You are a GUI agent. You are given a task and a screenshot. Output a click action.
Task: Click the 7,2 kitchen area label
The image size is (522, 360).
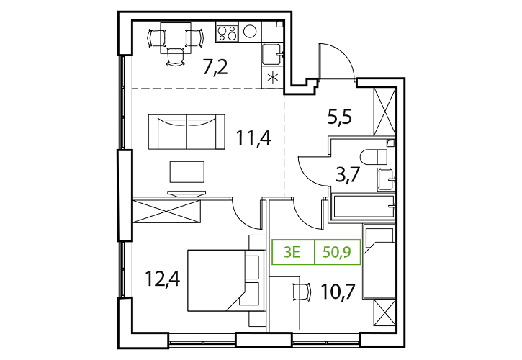point(215,67)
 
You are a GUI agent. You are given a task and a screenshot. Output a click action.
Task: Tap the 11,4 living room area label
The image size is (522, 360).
point(253,138)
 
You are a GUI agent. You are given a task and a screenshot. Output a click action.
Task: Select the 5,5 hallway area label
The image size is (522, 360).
point(340,117)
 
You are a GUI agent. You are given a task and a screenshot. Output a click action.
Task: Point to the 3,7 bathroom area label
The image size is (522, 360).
point(348,174)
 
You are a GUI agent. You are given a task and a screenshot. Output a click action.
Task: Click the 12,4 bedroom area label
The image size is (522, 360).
point(163,279)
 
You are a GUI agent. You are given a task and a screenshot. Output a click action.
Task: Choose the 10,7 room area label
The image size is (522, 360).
point(338,291)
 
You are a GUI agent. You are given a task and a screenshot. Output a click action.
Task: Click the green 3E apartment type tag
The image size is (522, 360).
point(292,252)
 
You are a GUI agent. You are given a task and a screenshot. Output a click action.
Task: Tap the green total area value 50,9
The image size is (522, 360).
point(337,252)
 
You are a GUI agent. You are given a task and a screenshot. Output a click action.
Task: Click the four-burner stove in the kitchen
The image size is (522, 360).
point(228,32)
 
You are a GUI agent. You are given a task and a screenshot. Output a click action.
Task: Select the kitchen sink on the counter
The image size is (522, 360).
point(272,54)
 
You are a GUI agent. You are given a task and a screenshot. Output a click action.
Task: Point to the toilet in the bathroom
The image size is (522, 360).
point(374,157)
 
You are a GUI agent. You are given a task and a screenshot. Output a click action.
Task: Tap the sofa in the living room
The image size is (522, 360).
point(186,132)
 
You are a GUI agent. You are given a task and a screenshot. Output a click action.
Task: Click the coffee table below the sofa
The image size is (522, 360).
point(187,172)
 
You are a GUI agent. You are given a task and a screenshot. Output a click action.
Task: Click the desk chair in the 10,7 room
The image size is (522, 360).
point(302,292)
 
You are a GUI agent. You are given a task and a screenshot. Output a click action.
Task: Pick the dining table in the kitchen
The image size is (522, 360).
point(176,38)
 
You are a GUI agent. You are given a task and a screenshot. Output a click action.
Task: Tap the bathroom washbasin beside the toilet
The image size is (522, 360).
point(386,179)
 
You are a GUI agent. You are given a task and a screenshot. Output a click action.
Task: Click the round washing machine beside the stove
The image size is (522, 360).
point(250,32)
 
